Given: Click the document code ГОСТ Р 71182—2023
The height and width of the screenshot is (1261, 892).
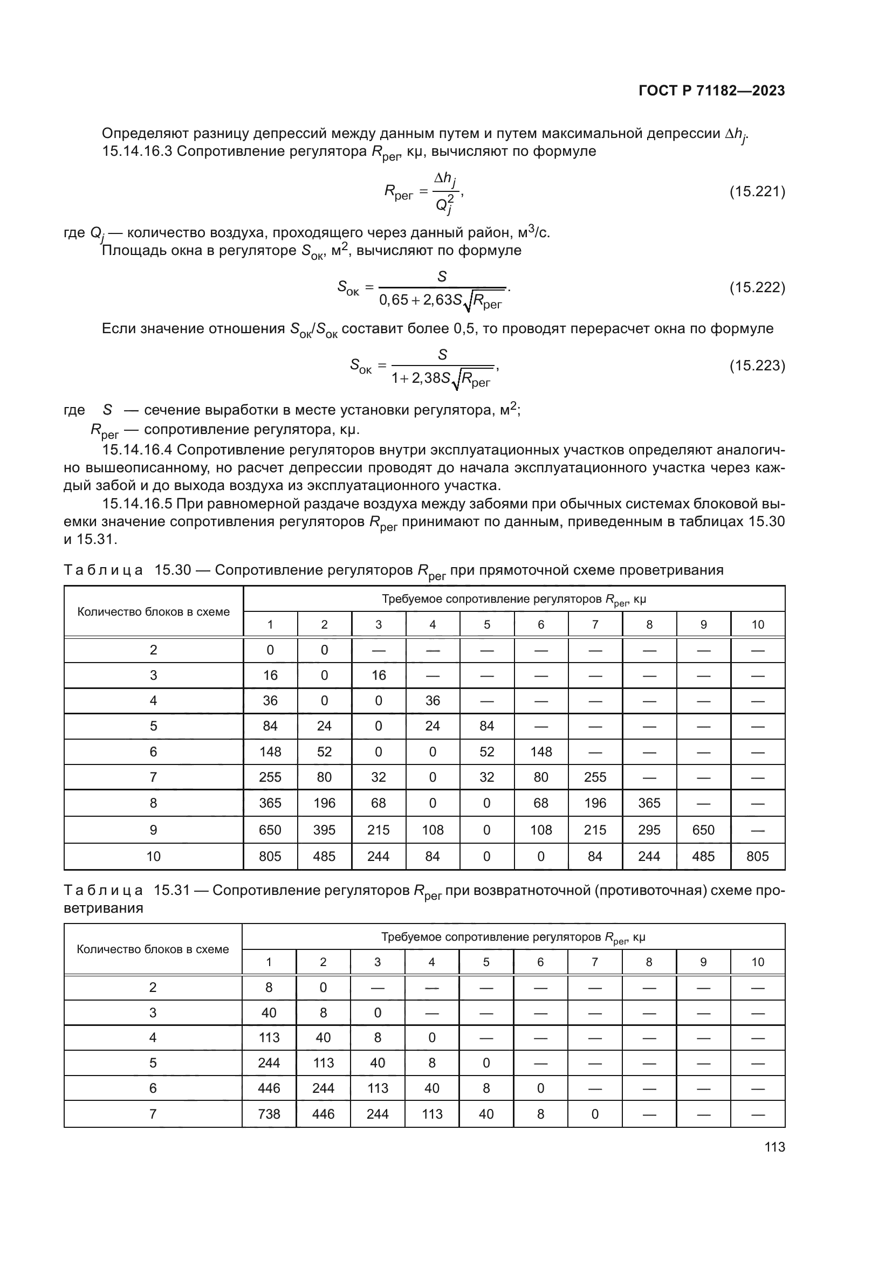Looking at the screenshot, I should [712, 91].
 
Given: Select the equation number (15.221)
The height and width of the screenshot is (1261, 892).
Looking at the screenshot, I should [757, 192].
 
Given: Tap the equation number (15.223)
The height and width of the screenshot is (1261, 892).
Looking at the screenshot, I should [757, 365].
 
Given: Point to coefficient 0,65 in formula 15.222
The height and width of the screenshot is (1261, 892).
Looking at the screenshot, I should [394, 300].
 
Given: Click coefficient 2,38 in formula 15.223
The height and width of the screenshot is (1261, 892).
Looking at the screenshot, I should [426, 378].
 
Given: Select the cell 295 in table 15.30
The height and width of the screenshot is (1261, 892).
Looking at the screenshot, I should [649, 830].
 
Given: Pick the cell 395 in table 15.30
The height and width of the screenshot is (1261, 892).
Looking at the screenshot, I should [324, 830].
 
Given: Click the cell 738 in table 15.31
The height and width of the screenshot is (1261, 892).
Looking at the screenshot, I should [269, 1114].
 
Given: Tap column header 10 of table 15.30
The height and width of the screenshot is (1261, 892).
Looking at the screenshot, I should [757, 624].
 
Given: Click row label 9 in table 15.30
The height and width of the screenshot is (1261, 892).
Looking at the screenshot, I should [153, 830].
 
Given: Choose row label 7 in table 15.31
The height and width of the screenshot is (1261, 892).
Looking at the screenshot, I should [153, 1114].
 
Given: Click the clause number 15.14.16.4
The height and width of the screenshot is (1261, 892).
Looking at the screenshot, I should [138, 450].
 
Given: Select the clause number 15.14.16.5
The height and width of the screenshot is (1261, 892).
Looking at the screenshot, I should [138, 504].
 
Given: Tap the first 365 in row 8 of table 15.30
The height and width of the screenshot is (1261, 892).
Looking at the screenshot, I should [270, 803].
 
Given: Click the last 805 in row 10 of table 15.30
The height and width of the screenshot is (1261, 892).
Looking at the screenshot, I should [757, 856].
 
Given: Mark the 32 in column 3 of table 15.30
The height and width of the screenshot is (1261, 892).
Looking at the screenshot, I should [378, 777].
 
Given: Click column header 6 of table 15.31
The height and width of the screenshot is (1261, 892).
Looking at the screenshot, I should [540, 962].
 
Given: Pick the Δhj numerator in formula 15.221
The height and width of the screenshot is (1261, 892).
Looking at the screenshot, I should [444, 179].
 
